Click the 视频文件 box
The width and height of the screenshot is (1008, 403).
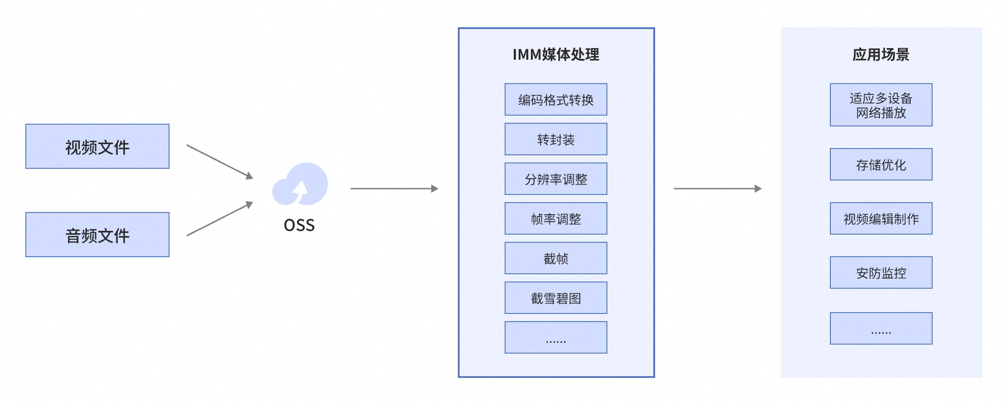[x=97, y=146]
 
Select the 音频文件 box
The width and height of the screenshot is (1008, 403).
[x=97, y=235]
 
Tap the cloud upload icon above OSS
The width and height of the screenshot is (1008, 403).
[x=300, y=184]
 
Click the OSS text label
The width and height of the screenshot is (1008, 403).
[x=299, y=225]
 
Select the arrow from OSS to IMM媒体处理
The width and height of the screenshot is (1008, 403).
[x=394, y=189]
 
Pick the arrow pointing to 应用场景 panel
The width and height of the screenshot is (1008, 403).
[x=717, y=189]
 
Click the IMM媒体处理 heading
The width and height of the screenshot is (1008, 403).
[x=556, y=54]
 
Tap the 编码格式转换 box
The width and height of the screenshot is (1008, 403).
[x=556, y=99]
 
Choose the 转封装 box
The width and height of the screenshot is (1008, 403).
[x=556, y=139]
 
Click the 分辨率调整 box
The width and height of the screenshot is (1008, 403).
[x=556, y=179]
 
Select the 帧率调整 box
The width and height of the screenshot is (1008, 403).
[x=556, y=219]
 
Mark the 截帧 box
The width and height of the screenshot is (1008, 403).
[x=556, y=258]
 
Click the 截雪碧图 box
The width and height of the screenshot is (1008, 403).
[x=556, y=298]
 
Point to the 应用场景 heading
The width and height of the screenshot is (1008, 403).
[x=881, y=54]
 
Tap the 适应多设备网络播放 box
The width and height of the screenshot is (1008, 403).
[x=881, y=105]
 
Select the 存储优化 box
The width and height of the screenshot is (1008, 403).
[x=881, y=164]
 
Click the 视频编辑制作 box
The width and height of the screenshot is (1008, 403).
[x=881, y=219]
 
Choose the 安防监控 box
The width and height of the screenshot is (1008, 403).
[x=881, y=272]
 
